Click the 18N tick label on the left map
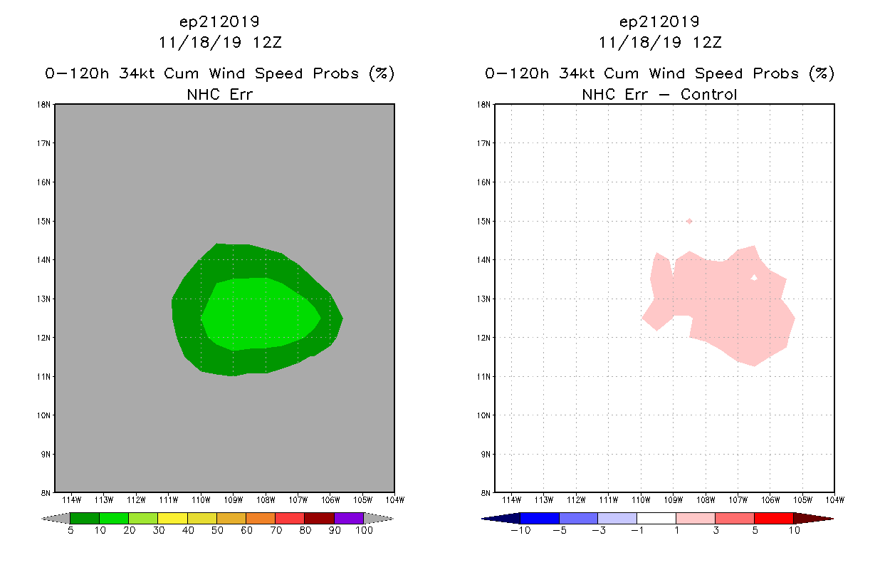[43, 105]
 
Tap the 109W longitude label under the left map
[234, 500]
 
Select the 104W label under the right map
[835, 500]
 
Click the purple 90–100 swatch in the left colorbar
[349, 518]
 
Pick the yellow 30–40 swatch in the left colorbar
[172, 518]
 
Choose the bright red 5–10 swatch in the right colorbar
[774, 518]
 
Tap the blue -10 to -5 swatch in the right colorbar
[540, 518]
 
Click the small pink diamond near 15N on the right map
[689, 222]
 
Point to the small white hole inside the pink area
[754, 278]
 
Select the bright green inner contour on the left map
[261, 313]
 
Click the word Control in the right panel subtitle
[708, 95]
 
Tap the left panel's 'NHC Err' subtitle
[219, 95]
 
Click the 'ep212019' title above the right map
[659, 21]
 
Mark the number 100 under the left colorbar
[364, 530]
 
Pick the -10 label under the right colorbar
[520, 530]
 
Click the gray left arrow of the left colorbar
[56, 519]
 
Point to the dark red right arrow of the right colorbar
[813, 519]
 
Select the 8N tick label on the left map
[46, 493]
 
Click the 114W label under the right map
[511, 500]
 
